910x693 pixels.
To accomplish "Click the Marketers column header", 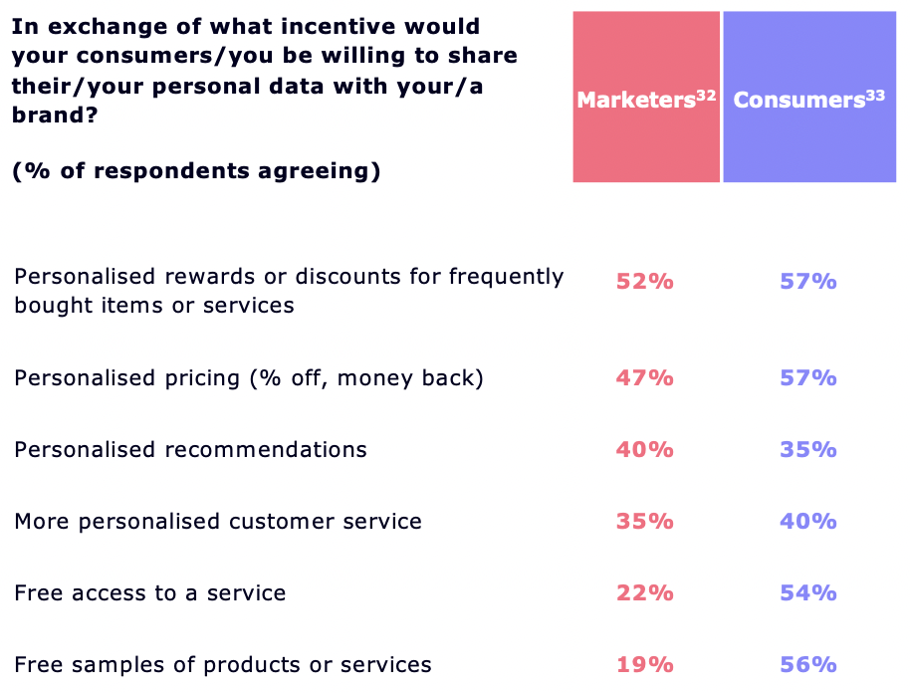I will coord(646,100).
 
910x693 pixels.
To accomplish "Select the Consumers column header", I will coord(808,100).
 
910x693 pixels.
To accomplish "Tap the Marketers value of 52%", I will coord(644,282).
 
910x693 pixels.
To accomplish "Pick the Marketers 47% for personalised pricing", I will coord(644,378).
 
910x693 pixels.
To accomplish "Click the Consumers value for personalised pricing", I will coord(808,378).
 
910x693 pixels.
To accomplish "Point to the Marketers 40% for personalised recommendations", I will coord(644,450).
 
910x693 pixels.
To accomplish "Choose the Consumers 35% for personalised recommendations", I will coord(808,450).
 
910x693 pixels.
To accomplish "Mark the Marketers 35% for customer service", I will coord(644,522).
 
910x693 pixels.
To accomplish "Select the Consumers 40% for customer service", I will coord(808,522).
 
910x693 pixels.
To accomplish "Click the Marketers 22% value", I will coord(644,593).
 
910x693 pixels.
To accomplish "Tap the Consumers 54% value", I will coord(808,593).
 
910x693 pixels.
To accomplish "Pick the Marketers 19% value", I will coord(644,665).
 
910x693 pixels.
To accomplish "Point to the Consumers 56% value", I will coord(808,665).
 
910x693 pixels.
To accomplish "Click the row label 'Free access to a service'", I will coord(150,593).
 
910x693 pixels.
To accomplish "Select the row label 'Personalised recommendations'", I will coord(190,450).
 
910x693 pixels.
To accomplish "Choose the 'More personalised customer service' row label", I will coord(218,522).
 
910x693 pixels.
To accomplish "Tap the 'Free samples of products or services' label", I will coord(223,665).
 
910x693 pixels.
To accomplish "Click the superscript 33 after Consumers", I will coord(875,95).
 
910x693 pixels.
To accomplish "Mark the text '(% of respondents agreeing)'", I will coord(196,171).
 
